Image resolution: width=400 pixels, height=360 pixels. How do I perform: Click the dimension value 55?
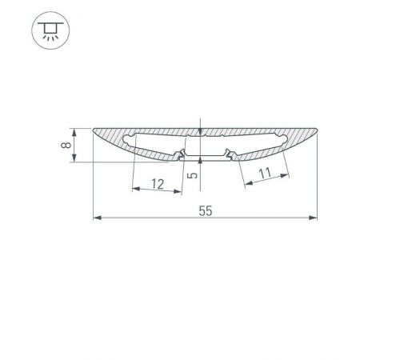[x=206, y=211]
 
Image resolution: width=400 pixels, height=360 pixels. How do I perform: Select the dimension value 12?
[x=157, y=184]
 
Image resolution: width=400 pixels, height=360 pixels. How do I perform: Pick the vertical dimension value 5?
[x=191, y=174]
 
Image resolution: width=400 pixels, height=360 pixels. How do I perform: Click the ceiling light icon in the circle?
[x=50, y=31]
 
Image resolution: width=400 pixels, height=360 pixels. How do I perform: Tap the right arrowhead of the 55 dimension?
[x=314, y=218]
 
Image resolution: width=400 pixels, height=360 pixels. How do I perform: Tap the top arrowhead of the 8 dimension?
[x=74, y=130]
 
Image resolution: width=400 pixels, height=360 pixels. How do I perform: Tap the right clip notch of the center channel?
[x=230, y=150]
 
